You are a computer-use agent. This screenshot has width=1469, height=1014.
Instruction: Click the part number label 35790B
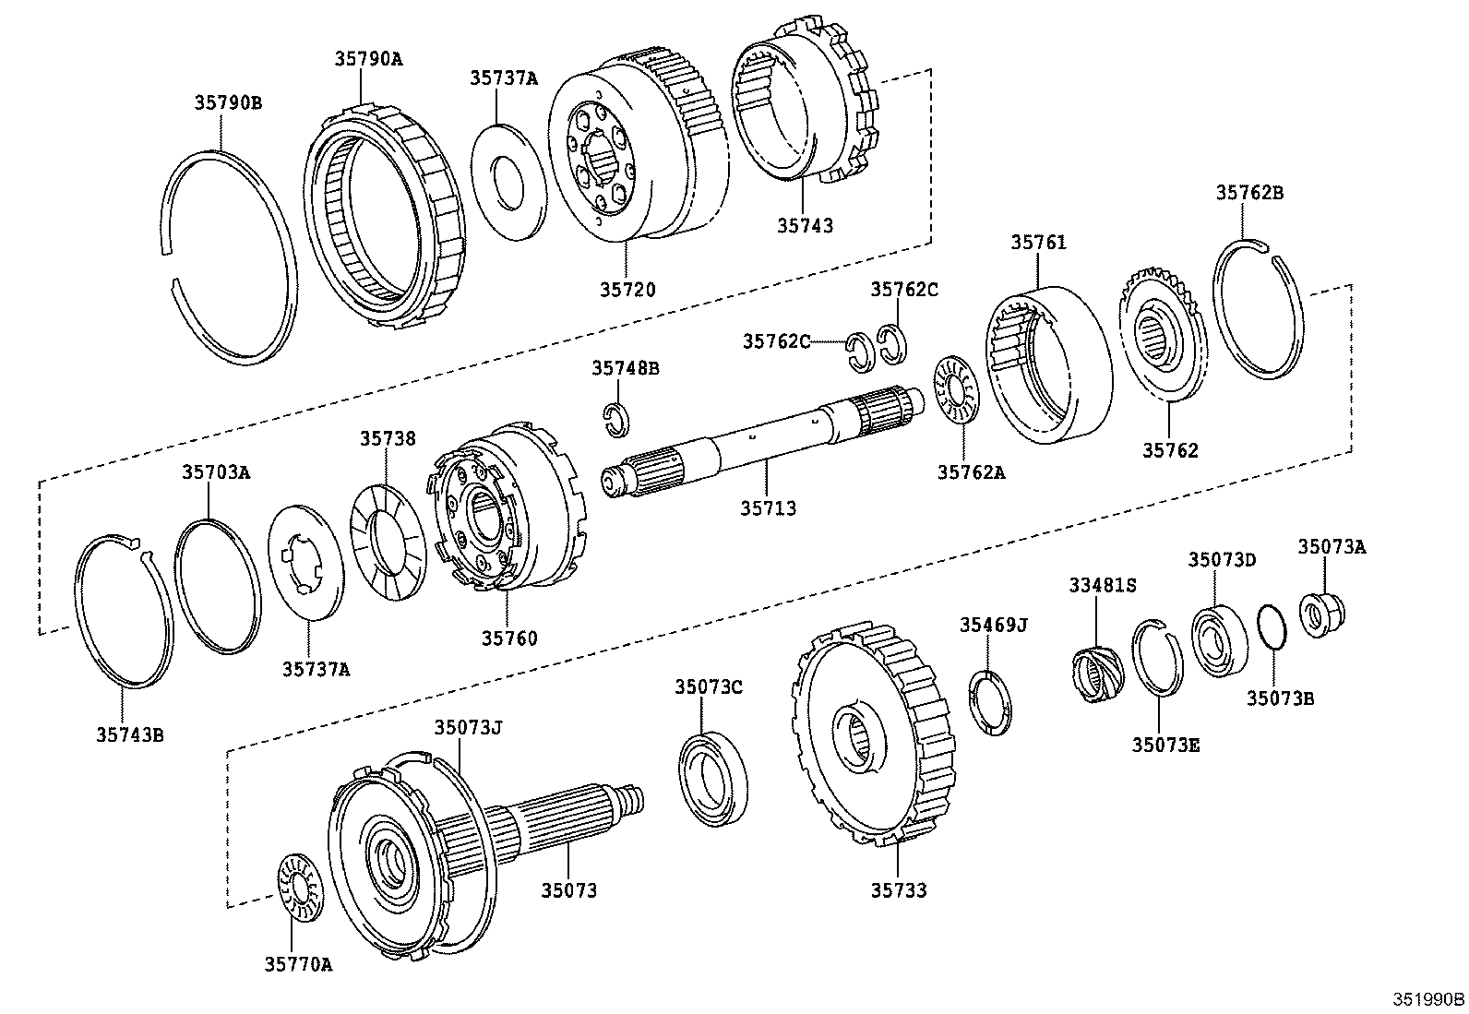click(x=228, y=102)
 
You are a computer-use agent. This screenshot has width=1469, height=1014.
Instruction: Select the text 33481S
click(x=1103, y=585)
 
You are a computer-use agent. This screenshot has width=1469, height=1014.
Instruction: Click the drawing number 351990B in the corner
click(x=1428, y=999)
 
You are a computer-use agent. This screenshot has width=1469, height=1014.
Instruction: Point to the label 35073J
click(x=469, y=726)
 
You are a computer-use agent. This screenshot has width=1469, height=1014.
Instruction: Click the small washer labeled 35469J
click(x=991, y=704)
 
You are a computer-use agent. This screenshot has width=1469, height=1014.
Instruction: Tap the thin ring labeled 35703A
click(x=219, y=587)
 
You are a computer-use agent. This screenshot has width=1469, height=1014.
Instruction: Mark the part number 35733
click(x=899, y=890)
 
